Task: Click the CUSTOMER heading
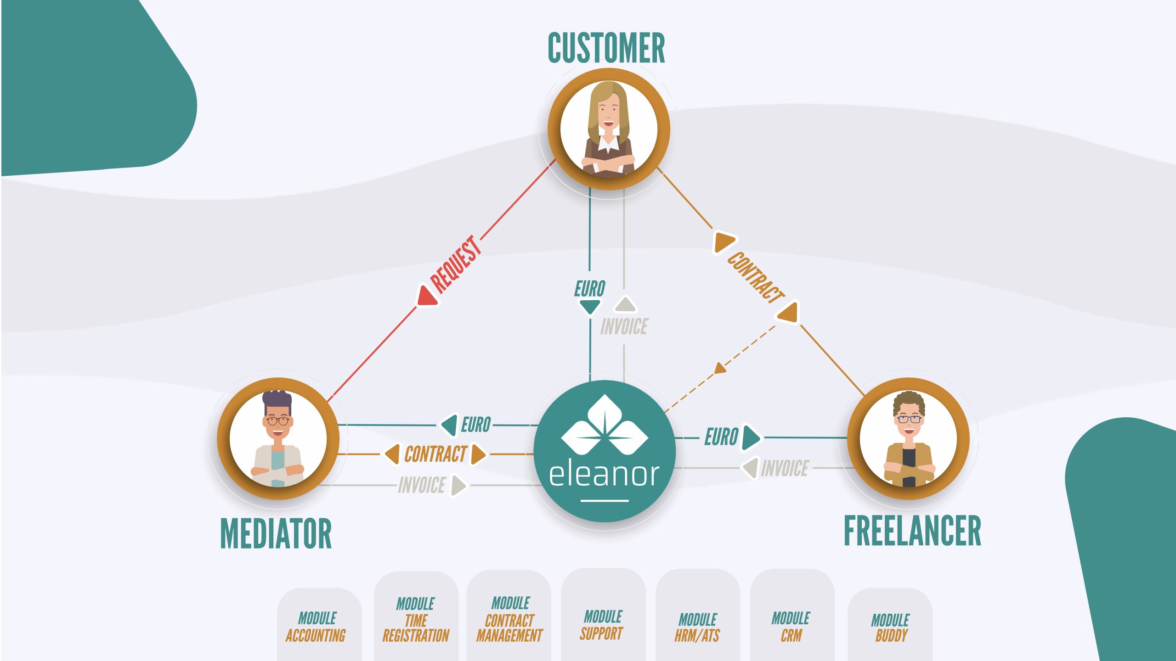(x=606, y=48)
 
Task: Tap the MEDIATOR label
(x=276, y=533)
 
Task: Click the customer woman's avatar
(x=608, y=129)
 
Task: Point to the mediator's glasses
(x=277, y=420)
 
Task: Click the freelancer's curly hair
(x=909, y=401)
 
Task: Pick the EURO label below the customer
(x=590, y=289)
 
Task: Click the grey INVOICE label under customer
(x=624, y=327)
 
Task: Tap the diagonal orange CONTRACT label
(x=756, y=277)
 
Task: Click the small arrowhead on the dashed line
(x=720, y=368)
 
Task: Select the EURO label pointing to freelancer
(x=721, y=437)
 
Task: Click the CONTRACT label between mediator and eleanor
(x=435, y=454)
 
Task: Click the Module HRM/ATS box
(x=697, y=626)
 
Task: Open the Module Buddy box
(x=890, y=627)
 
